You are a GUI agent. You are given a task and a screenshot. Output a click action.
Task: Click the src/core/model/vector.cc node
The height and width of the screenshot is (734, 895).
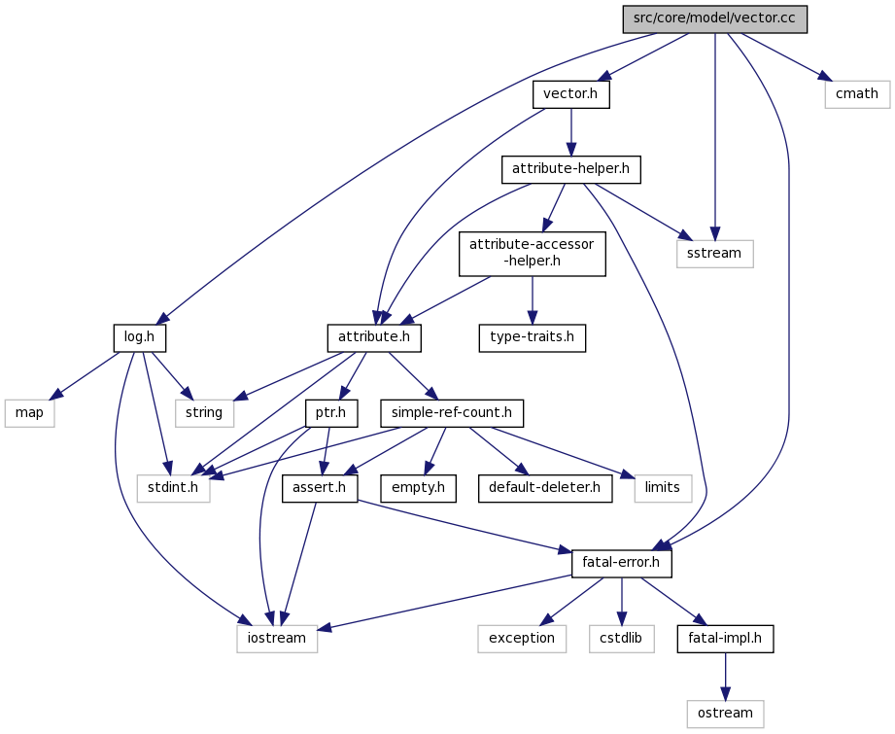point(714,18)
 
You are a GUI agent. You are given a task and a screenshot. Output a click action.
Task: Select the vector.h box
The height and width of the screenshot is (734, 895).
point(570,94)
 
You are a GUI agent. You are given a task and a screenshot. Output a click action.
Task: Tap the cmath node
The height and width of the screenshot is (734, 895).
point(857,94)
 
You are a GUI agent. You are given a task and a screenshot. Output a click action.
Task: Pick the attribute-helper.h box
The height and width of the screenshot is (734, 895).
point(570,170)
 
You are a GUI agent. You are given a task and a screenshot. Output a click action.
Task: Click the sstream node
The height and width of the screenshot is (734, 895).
point(714,254)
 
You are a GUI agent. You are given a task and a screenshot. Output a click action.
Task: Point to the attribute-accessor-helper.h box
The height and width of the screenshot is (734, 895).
point(532,253)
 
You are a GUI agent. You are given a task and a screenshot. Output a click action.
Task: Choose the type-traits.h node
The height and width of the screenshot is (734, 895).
point(532,337)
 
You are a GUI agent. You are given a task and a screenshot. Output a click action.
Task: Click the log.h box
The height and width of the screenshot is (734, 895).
point(140,337)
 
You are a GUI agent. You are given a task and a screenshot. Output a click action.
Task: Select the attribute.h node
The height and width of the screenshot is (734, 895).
point(374,337)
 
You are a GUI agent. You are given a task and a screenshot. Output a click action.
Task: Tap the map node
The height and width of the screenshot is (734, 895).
point(30,413)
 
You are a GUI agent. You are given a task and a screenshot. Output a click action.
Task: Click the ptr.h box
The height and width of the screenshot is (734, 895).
point(331,413)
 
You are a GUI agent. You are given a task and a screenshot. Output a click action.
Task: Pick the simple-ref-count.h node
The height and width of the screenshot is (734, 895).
point(452,413)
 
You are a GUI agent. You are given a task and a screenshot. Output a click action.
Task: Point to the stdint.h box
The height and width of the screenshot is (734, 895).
point(174,488)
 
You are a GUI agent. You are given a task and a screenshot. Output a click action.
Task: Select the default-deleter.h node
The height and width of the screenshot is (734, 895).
point(545,488)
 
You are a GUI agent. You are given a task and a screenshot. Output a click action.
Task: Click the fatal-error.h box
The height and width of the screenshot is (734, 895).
point(622,564)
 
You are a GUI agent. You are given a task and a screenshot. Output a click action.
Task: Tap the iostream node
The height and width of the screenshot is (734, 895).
point(277,639)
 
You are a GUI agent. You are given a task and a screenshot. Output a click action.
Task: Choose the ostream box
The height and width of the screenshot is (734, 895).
point(725,714)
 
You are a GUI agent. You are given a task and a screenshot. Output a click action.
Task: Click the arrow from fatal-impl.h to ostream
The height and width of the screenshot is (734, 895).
point(726,677)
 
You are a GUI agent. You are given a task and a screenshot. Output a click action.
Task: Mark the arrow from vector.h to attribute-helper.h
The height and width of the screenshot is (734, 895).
point(570,132)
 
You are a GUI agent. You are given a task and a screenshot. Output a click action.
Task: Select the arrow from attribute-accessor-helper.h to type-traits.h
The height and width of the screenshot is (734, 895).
point(532,299)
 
